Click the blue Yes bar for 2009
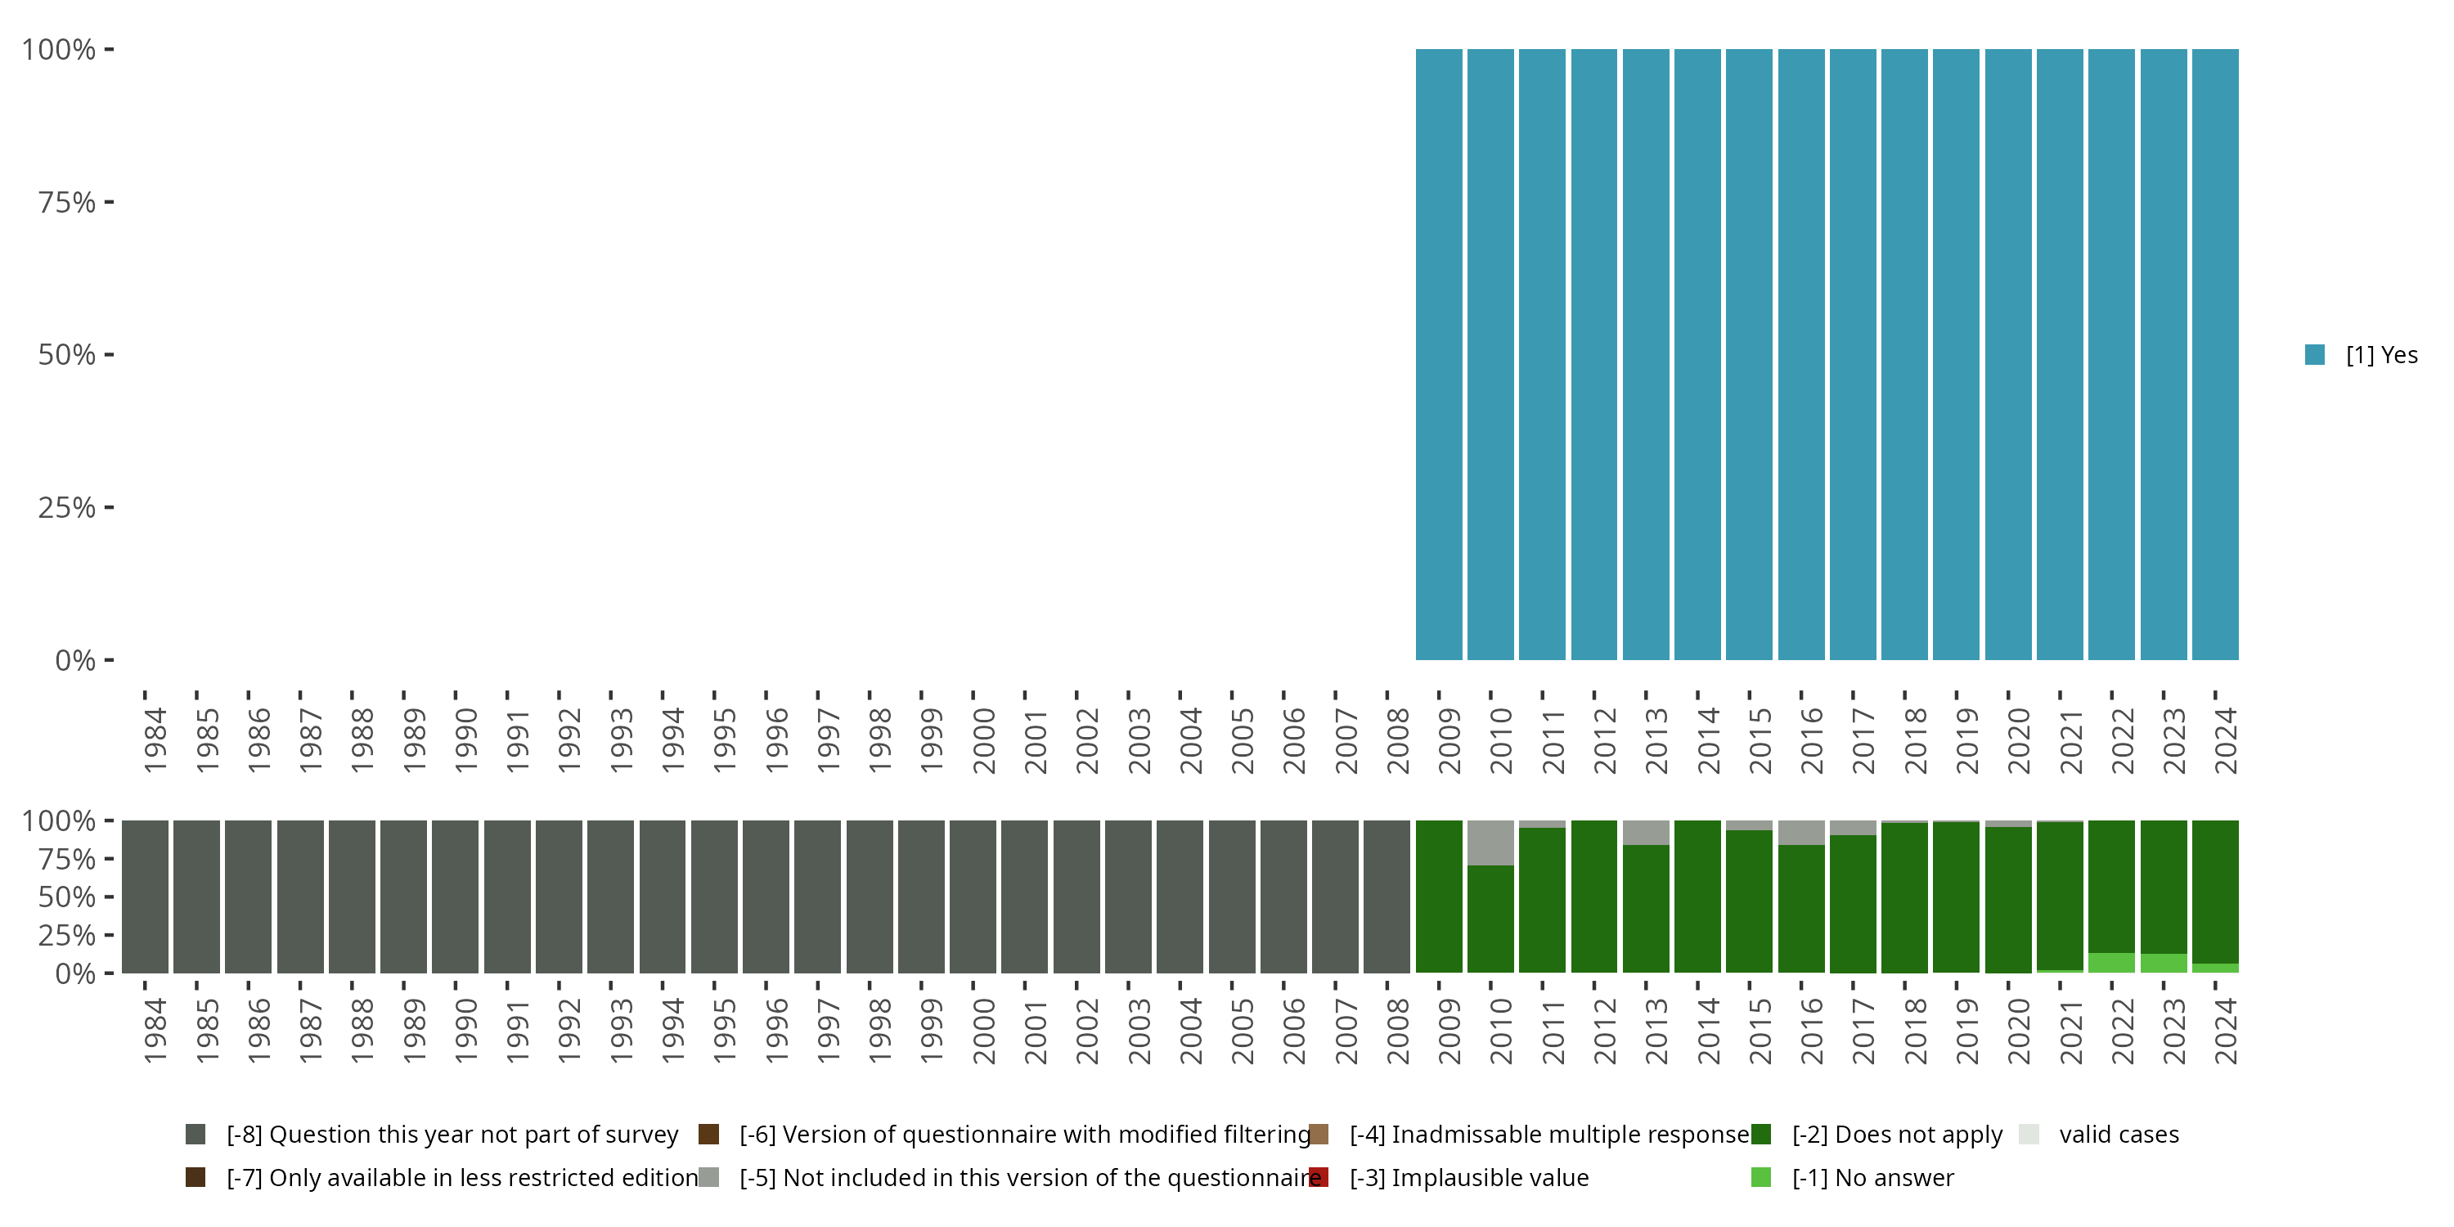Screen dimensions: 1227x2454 coord(1439,354)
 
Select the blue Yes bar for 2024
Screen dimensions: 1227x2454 coord(2215,354)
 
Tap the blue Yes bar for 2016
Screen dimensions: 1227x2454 coord(1800,354)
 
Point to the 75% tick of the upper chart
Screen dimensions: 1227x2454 coord(109,202)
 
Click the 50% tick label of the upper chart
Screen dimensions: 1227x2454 coord(67,355)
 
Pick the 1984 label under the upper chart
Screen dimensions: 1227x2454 coord(155,741)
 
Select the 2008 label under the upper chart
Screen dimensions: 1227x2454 coord(1397,741)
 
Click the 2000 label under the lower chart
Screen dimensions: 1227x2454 coord(983,1031)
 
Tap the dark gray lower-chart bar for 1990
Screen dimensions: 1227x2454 coord(456,897)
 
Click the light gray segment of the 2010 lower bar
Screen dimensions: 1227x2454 coord(1490,843)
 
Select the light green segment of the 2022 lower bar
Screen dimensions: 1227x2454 coord(2111,962)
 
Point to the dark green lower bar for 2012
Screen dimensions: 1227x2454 coord(1593,897)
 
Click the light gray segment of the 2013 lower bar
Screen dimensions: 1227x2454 coord(1645,833)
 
